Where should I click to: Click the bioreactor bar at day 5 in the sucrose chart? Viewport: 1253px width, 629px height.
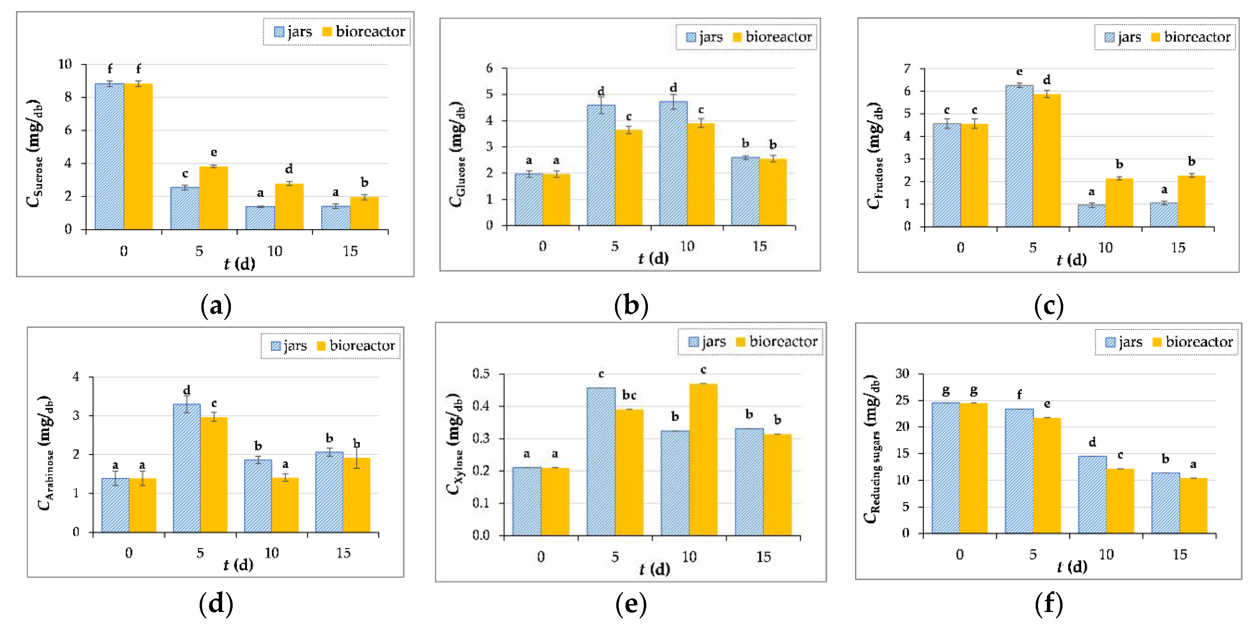click(x=214, y=198)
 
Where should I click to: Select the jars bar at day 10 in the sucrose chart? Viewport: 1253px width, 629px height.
click(x=260, y=218)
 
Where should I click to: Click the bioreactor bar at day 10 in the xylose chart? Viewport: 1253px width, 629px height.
click(x=703, y=459)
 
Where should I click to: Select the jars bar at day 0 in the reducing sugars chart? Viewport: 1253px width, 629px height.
click(x=945, y=468)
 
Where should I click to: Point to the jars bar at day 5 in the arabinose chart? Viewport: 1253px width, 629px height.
click(x=186, y=468)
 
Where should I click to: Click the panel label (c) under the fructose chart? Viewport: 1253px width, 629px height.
click(x=1049, y=306)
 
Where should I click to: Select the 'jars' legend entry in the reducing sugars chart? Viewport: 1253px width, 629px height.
click(x=1124, y=342)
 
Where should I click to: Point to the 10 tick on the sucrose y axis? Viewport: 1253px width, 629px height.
click(x=65, y=64)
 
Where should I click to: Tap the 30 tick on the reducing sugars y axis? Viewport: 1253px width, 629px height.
click(x=902, y=374)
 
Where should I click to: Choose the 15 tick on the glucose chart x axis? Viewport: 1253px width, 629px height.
click(x=759, y=246)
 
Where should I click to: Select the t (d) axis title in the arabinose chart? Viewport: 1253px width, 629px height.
click(x=238, y=565)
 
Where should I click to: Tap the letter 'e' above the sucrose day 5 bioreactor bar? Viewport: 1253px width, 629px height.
click(x=214, y=153)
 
